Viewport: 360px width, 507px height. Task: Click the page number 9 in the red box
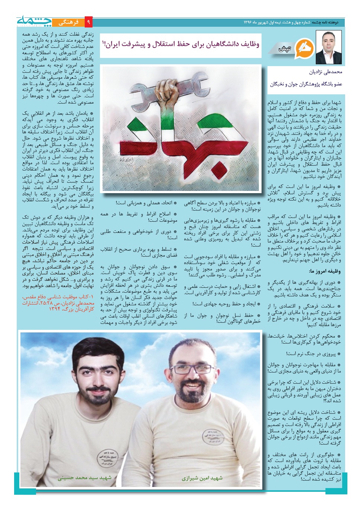point(88,22)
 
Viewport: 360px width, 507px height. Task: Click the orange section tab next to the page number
point(68,22)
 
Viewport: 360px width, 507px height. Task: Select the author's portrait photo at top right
point(328,48)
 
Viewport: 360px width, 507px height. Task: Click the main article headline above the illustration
point(181,45)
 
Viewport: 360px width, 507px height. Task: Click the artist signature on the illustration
point(127,160)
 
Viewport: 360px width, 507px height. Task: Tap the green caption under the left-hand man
point(85,477)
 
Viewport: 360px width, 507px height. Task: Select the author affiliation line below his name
point(306,84)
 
